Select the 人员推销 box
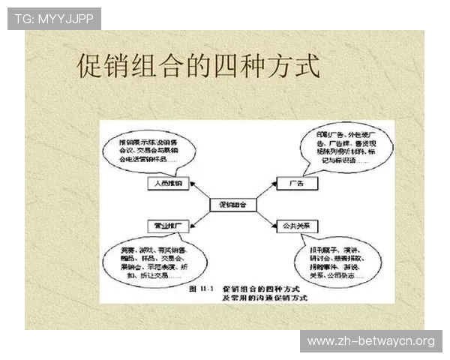[169, 182]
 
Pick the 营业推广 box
[169, 225]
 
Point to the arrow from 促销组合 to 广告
[265, 193]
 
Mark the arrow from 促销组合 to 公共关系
[266, 215]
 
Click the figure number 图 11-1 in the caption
[202, 289]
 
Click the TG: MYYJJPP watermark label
[54, 19]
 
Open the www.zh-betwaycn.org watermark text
[371, 341]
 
